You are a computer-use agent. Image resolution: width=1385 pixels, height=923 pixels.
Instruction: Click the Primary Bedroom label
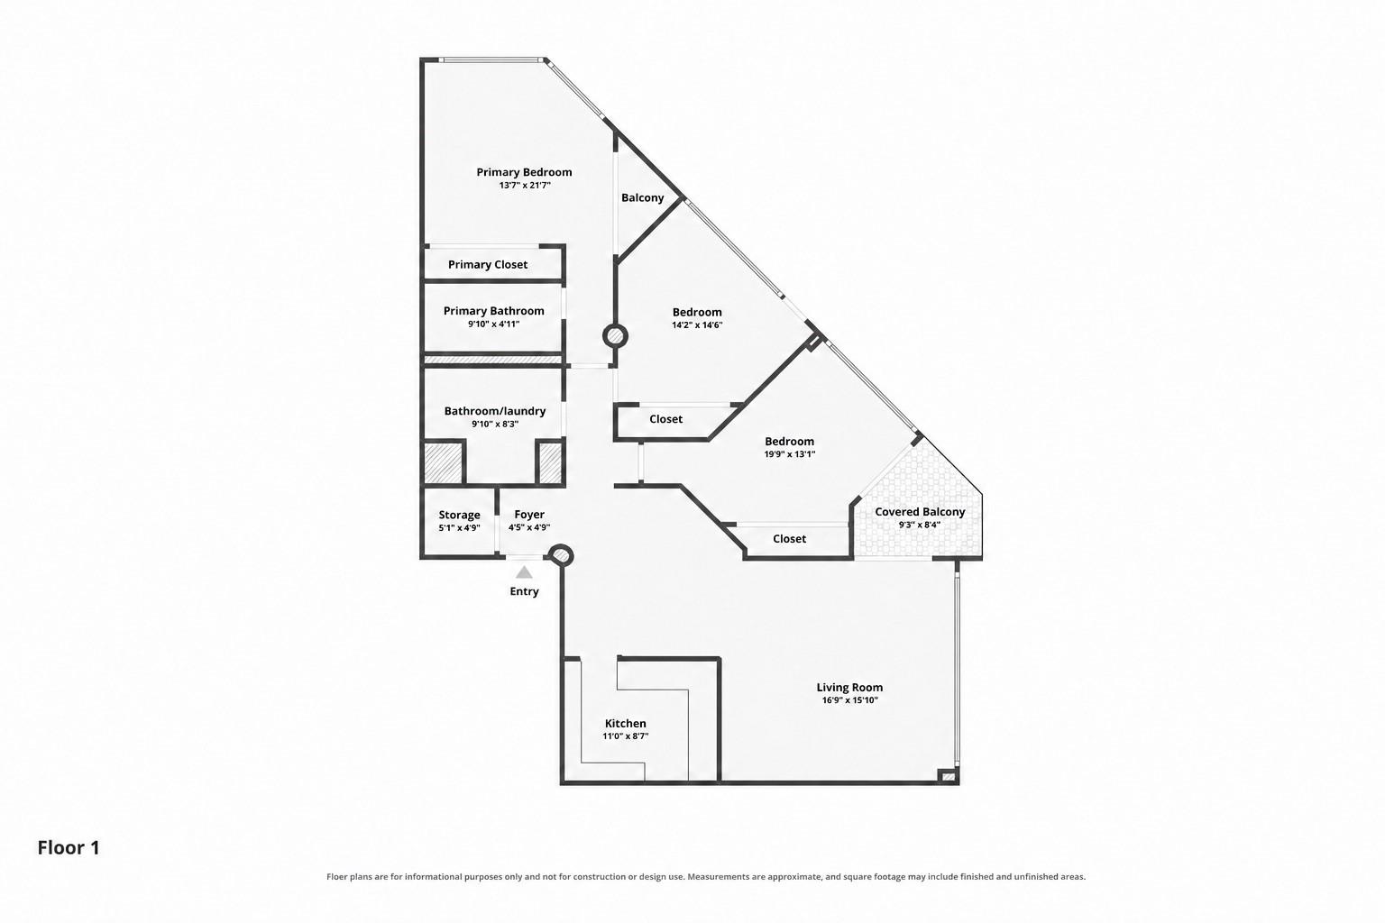[x=524, y=172]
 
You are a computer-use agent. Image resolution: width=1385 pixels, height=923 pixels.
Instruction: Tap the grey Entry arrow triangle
[x=524, y=572]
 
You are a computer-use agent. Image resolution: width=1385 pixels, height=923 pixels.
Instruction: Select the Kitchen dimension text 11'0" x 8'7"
[x=625, y=736]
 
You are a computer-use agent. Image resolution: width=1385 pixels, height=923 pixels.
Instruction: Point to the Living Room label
[x=848, y=687]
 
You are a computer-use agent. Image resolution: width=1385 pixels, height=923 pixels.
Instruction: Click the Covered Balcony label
[x=920, y=512]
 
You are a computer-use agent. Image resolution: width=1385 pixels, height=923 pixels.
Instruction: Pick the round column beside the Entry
[x=561, y=555]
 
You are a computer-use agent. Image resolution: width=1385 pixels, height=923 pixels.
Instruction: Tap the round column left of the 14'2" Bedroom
[x=615, y=336]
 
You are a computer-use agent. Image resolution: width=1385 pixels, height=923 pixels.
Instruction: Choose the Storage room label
[x=459, y=515]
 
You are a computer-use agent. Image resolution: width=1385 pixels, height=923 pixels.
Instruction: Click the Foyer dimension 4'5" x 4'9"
[x=529, y=527]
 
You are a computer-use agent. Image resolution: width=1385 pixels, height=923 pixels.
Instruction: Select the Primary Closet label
[x=488, y=265]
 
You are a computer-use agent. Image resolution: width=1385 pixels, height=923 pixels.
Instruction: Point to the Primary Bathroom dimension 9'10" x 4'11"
[x=493, y=324]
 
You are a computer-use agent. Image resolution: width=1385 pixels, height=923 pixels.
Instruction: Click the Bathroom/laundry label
[x=495, y=411]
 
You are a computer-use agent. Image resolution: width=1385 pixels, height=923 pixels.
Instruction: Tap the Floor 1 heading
[x=68, y=847]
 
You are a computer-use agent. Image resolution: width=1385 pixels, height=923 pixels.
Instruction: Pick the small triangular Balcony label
[x=642, y=197]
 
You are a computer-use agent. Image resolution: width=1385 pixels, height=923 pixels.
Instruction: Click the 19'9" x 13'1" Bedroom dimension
[x=790, y=453]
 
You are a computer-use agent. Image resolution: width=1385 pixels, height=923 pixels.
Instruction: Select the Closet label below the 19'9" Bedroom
[x=790, y=538]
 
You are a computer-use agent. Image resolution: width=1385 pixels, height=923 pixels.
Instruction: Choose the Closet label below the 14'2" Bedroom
[x=666, y=418]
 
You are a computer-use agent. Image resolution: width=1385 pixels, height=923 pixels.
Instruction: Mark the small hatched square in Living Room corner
[x=947, y=776]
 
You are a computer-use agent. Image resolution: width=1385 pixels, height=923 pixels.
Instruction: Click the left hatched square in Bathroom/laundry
[x=444, y=462]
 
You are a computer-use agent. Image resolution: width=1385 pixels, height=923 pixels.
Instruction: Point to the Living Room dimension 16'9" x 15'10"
[x=849, y=699]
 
